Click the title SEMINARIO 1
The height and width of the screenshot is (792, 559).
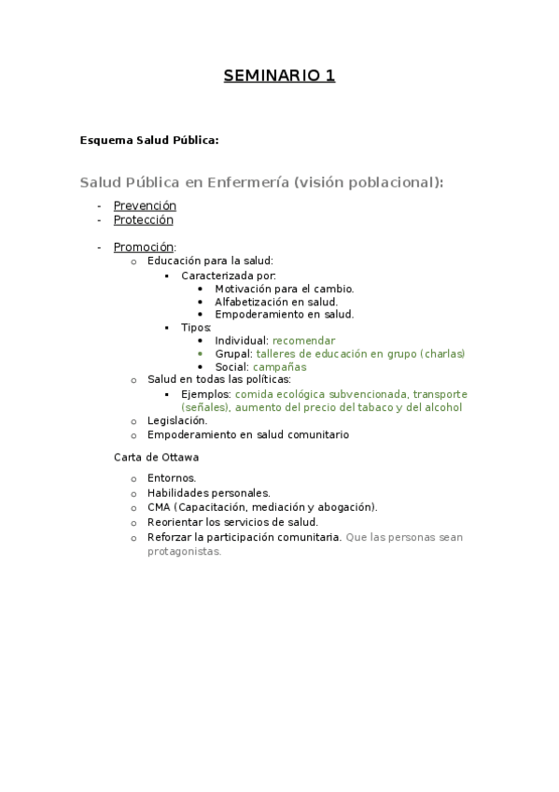coord(279,76)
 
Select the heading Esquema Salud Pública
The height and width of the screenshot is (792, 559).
coord(149,141)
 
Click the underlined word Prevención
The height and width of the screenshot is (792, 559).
coord(145,205)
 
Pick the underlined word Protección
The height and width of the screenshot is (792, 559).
coord(144,220)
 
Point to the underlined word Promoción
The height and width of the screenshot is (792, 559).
coord(143,247)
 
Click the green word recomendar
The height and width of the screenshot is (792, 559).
coord(303,341)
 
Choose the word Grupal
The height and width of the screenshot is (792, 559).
coord(232,354)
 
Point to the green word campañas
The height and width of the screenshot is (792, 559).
coord(279,367)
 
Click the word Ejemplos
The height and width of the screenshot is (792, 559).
coord(204,394)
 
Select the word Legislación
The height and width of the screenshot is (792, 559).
coord(176,420)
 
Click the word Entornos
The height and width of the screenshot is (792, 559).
coord(171,478)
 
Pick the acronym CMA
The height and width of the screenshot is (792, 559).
coord(159,507)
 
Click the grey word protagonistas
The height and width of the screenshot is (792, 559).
coord(185,551)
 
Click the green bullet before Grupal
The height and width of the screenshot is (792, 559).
coord(201,355)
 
